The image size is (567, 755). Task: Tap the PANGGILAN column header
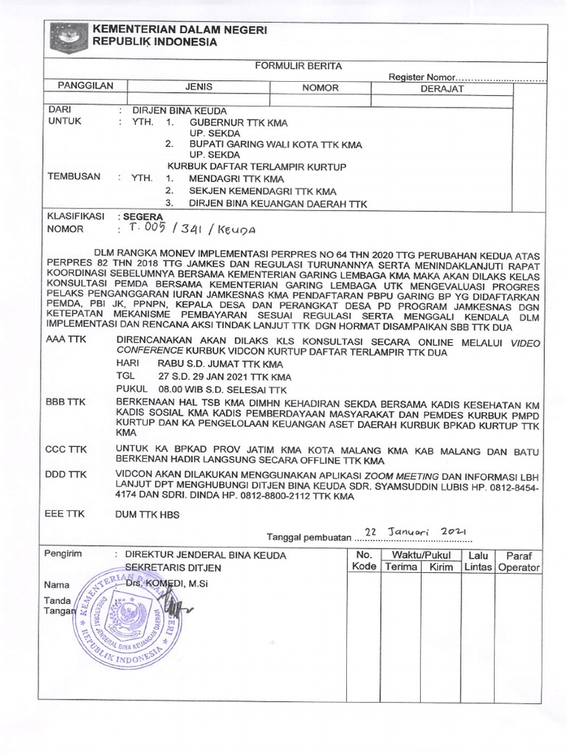point(86,86)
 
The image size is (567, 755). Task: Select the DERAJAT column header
point(441,88)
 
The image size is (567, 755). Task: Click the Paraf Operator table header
point(519,561)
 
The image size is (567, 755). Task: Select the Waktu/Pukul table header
point(421,554)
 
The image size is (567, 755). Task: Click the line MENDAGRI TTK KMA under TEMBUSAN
point(236,178)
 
